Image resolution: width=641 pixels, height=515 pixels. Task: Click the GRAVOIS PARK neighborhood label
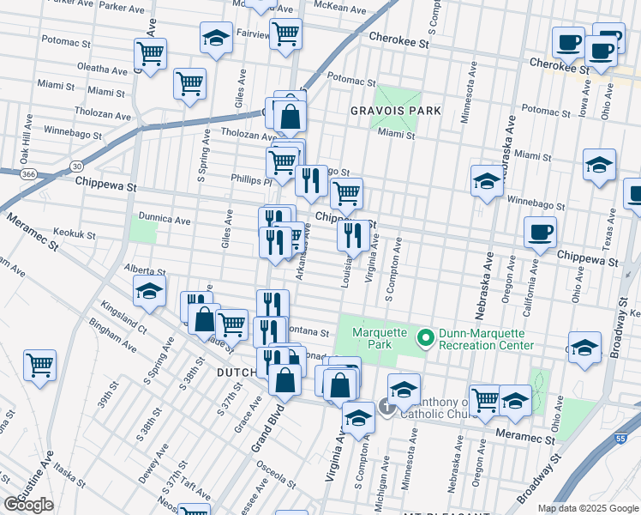point(395,111)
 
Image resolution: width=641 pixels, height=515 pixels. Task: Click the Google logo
point(29,505)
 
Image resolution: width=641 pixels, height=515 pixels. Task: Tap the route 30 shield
point(77,165)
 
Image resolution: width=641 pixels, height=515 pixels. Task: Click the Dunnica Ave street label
point(163,220)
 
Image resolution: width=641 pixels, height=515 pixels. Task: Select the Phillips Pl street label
point(250,181)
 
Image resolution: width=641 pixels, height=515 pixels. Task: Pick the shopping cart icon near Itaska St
point(39,366)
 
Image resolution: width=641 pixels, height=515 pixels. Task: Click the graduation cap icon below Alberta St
point(149,292)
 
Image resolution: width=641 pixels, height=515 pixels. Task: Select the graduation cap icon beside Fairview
point(216,38)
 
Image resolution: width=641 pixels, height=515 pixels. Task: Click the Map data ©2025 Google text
point(587,507)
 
